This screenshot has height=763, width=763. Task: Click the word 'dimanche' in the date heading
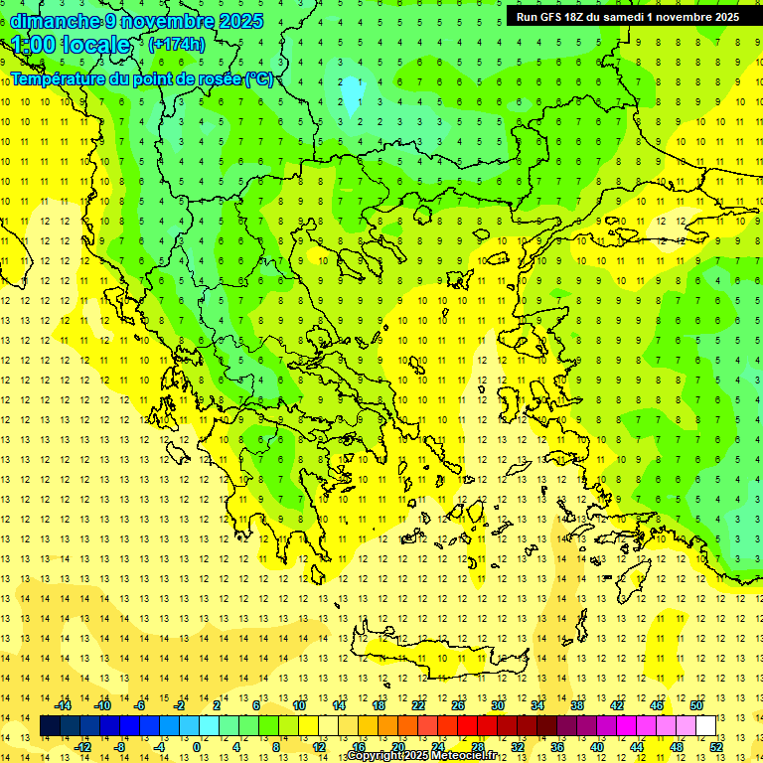55,21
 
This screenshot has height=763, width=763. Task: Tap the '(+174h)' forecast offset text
177,44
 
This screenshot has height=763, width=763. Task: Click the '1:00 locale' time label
72,45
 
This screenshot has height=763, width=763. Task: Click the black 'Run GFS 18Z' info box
627,17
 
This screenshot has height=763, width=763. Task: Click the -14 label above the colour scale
64,705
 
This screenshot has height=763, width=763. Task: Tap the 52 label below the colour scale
716,747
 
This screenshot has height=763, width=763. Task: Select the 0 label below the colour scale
196,747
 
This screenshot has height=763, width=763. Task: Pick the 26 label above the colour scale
458,705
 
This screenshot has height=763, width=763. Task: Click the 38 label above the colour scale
577,705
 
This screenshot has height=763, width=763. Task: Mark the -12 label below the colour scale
83,747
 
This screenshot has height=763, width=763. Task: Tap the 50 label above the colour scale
696,705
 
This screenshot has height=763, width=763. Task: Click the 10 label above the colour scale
299,705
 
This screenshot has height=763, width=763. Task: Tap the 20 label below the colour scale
397,747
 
